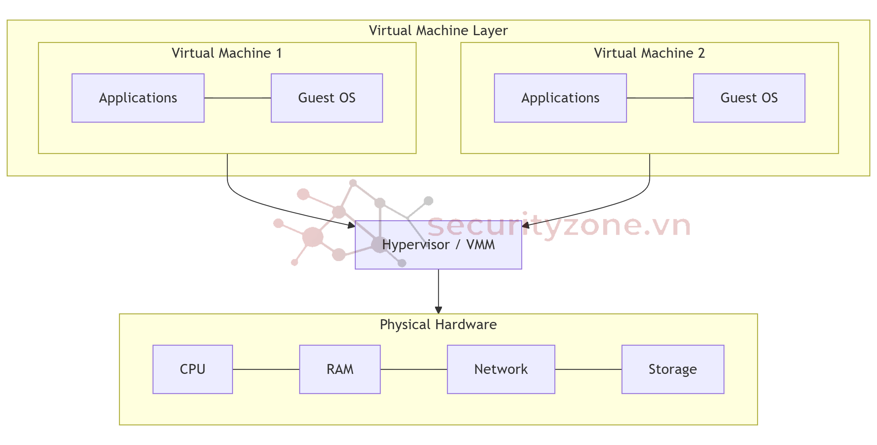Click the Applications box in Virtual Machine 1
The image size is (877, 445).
pyautogui.click(x=138, y=98)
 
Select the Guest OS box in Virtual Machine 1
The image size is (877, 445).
pyautogui.click(x=327, y=98)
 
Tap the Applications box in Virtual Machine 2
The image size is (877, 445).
pyautogui.click(x=560, y=98)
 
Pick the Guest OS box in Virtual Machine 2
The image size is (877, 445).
pyautogui.click(x=749, y=98)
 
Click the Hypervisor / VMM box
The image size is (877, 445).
pyautogui.click(x=438, y=245)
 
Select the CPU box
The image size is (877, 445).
pyautogui.click(x=193, y=369)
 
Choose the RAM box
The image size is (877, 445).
pyautogui.click(x=340, y=369)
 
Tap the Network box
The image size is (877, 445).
pyautogui.click(x=501, y=369)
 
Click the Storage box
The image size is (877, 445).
pyautogui.click(x=672, y=369)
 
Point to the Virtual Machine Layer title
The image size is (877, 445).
pyautogui.click(x=438, y=31)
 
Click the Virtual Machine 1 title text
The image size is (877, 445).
pyautogui.click(x=227, y=53)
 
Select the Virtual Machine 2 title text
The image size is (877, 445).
pyautogui.click(x=649, y=53)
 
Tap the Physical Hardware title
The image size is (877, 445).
pyautogui.click(x=438, y=325)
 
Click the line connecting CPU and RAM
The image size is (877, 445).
pyautogui.click(x=266, y=369)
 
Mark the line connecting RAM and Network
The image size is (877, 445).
pyautogui.click(x=414, y=369)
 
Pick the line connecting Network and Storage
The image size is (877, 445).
pyautogui.click(x=588, y=369)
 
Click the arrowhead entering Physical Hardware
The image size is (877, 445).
pyautogui.click(x=438, y=310)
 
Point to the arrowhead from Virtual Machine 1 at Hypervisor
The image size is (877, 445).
pyautogui.click(x=351, y=225)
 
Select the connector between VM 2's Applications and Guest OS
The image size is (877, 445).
pyautogui.click(x=660, y=98)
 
